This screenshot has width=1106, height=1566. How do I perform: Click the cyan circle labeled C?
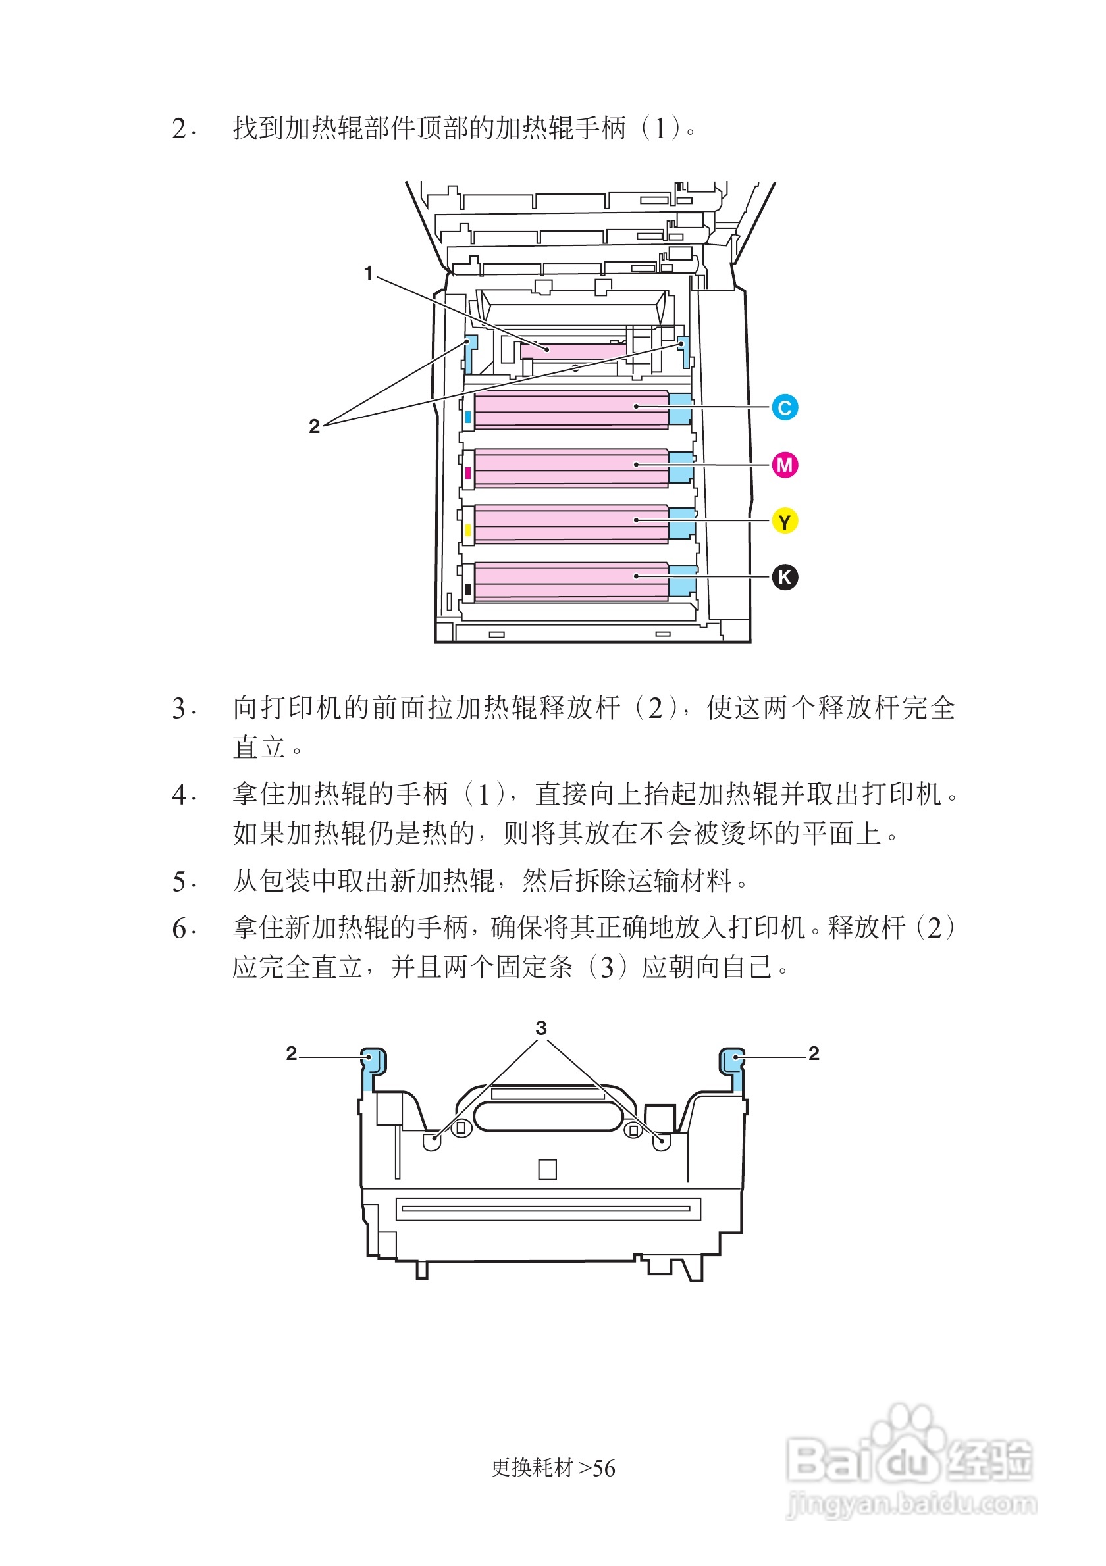[784, 408]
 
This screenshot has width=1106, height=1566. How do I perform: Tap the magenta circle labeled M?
[784, 465]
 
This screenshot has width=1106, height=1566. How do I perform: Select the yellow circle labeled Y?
[784, 522]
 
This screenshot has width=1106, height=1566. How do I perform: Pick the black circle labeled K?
[784, 577]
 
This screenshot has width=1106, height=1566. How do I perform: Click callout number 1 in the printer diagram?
[369, 274]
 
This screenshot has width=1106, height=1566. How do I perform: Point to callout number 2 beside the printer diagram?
[314, 426]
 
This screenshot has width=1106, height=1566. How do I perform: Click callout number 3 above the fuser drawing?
[541, 1028]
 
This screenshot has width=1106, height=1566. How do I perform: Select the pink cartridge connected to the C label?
[570, 409]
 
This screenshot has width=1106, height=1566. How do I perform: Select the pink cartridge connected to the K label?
[570, 581]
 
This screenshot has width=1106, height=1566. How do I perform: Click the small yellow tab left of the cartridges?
[468, 530]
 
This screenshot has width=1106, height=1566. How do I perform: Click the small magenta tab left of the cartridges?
[468, 472]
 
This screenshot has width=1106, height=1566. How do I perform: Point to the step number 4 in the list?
[180, 796]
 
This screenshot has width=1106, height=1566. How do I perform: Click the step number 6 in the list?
[180, 929]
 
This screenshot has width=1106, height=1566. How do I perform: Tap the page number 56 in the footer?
[604, 1469]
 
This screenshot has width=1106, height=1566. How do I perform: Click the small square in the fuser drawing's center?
[547, 1170]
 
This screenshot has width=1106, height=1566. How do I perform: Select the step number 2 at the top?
[180, 129]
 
